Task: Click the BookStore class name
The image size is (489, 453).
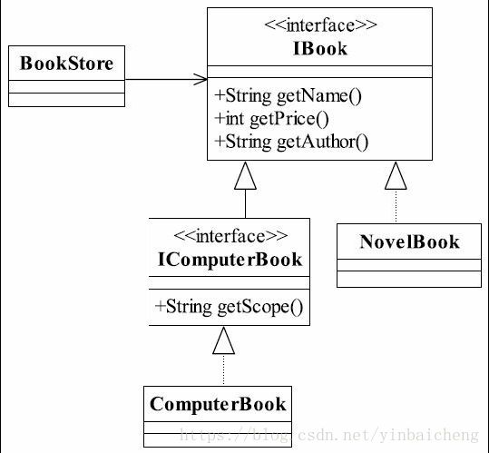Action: coord(66,64)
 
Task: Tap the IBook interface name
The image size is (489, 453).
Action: coord(320,49)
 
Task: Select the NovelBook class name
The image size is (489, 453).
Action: coord(409,241)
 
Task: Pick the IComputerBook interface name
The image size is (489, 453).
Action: coord(230,260)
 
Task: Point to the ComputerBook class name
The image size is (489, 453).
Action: coord(218,404)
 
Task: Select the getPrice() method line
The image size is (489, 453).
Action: coord(271,119)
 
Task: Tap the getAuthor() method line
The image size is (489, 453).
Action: coord(291,142)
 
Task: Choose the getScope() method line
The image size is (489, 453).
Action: coord(229,307)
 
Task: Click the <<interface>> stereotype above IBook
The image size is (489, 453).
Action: coord(320,25)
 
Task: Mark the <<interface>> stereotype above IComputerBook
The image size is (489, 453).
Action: coord(230,236)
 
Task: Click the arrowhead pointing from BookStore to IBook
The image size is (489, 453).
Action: coord(200,79)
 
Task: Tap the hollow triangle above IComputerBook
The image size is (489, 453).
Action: coord(245,175)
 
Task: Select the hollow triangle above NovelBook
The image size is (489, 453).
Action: coord(396,175)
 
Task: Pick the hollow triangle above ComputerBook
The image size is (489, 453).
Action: coord(223,340)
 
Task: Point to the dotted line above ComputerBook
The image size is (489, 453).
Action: coord(223,370)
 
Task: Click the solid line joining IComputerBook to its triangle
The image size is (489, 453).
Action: coord(245,203)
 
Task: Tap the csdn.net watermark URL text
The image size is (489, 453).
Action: coord(329,435)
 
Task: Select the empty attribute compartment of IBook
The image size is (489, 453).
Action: coord(319,72)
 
